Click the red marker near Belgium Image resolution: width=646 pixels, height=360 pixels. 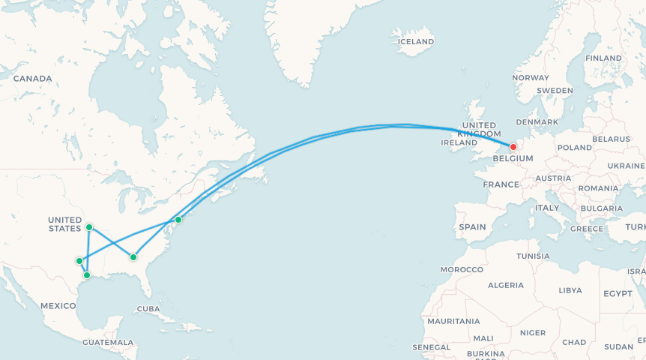tap(513, 147)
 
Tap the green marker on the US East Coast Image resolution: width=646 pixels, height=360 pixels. tap(178, 220)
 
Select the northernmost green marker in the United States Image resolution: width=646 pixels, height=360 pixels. tap(89, 226)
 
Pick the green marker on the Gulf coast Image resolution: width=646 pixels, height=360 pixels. tap(87, 275)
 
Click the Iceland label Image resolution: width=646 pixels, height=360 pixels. tap(415, 41)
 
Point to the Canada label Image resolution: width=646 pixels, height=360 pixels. tap(32, 79)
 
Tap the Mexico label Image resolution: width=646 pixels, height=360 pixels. tap(58, 305)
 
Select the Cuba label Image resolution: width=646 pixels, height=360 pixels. tap(148, 309)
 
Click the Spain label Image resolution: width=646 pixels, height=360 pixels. tap(472, 226)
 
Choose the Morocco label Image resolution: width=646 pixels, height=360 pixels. tap(462, 269)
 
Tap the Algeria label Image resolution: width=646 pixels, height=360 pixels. tap(506, 285)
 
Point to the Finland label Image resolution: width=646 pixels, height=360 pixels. tap(603, 58)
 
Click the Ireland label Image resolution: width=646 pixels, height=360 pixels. tap(459, 142)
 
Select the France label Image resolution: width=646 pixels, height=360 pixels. tap(501, 184)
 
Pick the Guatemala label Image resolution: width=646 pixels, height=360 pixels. tap(109, 342)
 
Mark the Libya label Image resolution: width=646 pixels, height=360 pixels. tap(570, 289)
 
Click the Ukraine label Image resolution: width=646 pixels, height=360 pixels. tap(626, 165)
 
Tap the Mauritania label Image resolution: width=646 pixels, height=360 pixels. tap(453, 321)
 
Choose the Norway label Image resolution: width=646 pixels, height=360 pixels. tap(531, 78)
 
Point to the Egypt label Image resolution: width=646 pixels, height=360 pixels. tap(618, 292)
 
